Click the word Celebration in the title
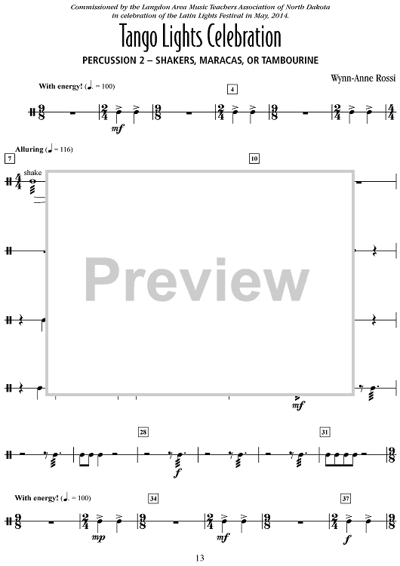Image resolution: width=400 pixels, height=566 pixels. [241, 36]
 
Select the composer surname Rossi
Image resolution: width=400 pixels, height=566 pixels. [386, 78]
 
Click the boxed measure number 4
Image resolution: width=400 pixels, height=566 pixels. [232, 89]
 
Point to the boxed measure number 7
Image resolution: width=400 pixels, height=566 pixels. [9, 158]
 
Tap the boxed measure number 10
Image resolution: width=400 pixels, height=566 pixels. [254, 158]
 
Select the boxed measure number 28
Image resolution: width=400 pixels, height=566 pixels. [143, 432]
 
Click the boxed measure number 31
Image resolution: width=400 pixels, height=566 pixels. [325, 432]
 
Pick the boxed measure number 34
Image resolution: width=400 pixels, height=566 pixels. [153, 499]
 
